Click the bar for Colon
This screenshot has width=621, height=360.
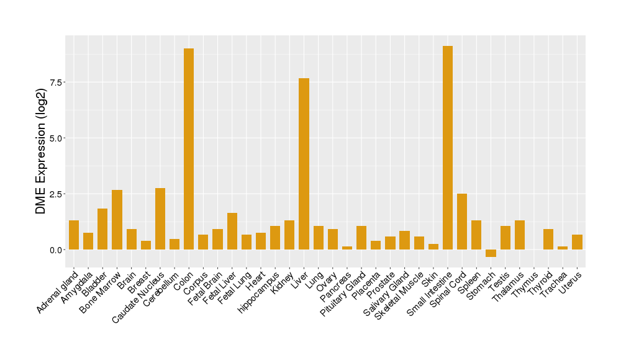tap(189, 149)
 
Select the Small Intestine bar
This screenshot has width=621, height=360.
tap(448, 148)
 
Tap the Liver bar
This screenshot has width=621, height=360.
tap(304, 164)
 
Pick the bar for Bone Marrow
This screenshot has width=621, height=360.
tap(117, 220)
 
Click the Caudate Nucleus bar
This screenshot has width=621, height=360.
tap(160, 218)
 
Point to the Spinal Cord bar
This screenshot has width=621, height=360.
tap(462, 222)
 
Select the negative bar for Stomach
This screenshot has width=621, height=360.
tap(491, 253)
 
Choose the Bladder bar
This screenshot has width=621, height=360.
tap(102, 229)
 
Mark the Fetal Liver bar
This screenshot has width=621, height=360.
tap(232, 231)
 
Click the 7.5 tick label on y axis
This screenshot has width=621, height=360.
tap(57, 83)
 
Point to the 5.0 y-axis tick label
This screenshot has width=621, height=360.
tap(57, 138)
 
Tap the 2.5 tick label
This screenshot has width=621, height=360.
tap(57, 194)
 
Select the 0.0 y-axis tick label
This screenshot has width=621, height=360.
tap(57, 250)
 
